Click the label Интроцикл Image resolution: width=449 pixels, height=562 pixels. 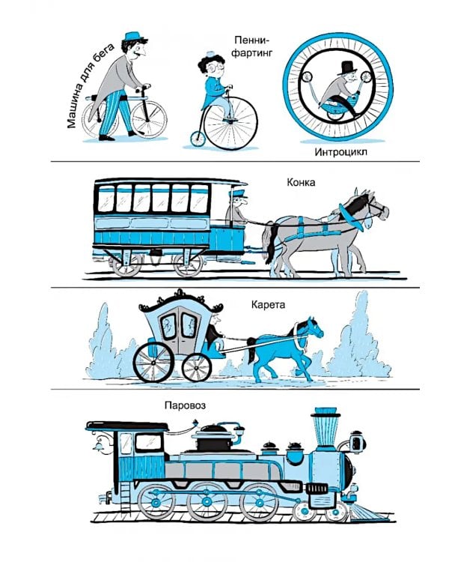(341, 152)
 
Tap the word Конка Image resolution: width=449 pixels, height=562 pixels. (301, 182)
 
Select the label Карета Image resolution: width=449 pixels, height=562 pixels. (268, 305)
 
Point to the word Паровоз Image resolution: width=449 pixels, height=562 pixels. (185, 405)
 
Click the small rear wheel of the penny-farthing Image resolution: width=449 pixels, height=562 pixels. (198, 139)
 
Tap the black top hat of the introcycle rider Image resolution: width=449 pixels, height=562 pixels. (347, 68)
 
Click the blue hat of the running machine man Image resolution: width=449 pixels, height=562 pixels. (133, 36)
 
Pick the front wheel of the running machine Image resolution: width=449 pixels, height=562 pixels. (149, 120)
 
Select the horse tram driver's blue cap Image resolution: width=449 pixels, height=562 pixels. (238, 194)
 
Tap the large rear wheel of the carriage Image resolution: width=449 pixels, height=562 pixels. (153, 363)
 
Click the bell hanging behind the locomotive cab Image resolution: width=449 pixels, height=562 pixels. (97, 446)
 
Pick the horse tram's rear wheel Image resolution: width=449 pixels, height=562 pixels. (126, 265)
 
